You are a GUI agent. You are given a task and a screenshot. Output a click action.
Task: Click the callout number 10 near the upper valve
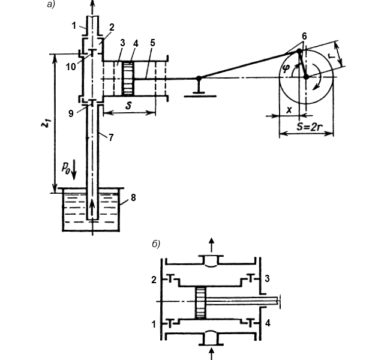click(71, 67)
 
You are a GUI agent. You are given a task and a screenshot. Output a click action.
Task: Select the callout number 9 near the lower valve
click(71, 113)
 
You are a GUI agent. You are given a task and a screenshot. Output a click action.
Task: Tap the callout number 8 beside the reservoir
click(133, 198)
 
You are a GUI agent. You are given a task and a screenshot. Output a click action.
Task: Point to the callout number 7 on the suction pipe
click(110, 137)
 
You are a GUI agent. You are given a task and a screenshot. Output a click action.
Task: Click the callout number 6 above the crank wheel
click(304, 36)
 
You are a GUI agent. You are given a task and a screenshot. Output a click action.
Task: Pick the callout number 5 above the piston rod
click(152, 43)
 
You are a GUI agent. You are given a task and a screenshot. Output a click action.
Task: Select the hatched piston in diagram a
click(128, 79)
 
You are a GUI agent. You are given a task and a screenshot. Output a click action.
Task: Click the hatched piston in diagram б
click(200, 303)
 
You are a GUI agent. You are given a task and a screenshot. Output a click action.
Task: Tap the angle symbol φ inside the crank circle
click(286, 69)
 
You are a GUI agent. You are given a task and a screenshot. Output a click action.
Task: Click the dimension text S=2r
click(310, 127)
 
